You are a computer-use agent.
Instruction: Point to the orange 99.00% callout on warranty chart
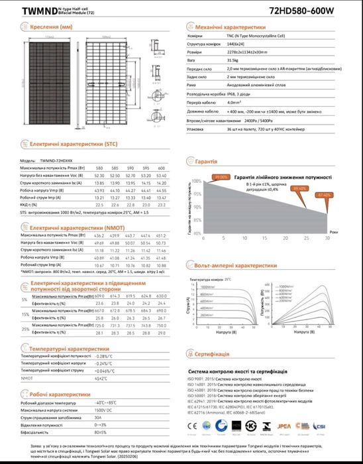coord(221,177)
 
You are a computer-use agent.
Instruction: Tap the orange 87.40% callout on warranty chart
coord(324,196)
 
